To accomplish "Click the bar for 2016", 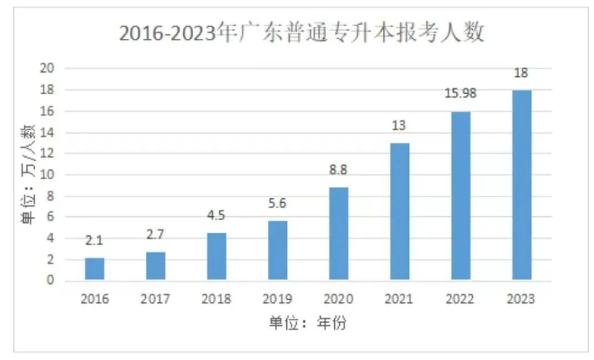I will click(94, 269).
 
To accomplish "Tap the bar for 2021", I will click(399, 212).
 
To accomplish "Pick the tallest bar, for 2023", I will click(521, 186).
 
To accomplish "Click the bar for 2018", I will click(216, 257).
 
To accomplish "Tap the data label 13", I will click(399, 126).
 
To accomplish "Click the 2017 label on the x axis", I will click(155, 299).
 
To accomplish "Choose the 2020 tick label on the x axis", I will click(338, 299).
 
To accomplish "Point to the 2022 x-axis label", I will click(460, 299).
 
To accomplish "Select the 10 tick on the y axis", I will click(47, 175).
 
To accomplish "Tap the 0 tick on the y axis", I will click(50, 281).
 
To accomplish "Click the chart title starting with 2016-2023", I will click(301, 33).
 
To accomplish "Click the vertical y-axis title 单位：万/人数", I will click(27, 174).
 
